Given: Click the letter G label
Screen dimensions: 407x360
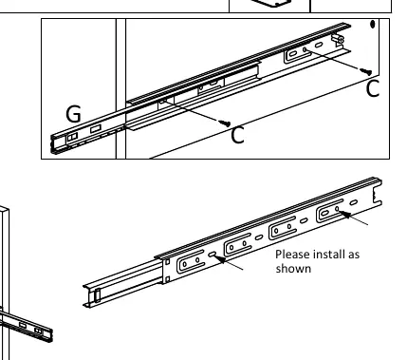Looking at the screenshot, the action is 74,114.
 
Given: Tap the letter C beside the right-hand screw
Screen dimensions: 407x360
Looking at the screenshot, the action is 373,88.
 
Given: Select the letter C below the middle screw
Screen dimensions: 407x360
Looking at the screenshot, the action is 237,135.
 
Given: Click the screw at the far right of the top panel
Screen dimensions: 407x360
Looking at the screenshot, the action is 366,71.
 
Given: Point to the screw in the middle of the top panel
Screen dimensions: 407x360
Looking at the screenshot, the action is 225,123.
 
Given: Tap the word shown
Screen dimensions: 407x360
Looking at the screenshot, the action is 293,269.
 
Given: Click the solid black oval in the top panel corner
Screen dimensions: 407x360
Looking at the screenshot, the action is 373,24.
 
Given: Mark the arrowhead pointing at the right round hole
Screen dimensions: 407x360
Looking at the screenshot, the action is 345,215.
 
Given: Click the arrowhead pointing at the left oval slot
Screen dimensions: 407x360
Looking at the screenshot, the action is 220,259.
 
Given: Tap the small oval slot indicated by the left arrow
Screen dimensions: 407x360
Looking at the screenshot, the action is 213,254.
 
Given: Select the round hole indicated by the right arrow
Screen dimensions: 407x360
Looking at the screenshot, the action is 337,209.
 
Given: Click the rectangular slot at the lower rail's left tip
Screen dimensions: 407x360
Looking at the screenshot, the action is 98,295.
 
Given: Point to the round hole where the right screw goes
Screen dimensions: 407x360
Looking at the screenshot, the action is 305,49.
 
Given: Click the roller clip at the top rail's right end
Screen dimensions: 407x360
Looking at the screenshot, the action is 338,39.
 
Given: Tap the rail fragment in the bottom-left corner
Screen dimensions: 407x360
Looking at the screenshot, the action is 27,326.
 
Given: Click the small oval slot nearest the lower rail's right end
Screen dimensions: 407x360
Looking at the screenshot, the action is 354,202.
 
